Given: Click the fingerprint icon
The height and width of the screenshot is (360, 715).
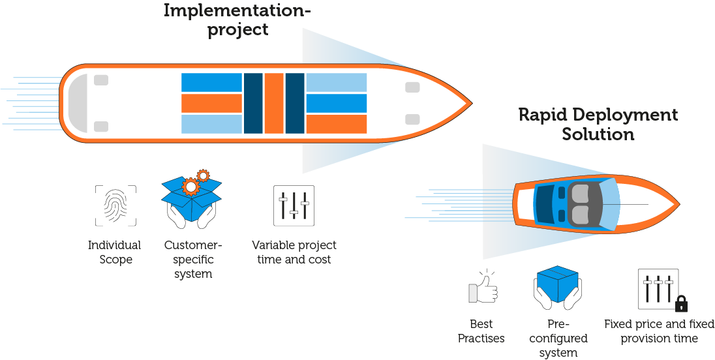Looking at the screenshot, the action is coord(116,205).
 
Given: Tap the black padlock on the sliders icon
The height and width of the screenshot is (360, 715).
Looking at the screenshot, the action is coord(681,303).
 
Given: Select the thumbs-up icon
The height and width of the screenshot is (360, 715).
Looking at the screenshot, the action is coord(483,287).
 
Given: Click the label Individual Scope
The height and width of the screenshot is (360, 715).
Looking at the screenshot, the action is coord(114,252).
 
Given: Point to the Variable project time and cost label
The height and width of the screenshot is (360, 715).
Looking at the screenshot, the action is coord(294,252).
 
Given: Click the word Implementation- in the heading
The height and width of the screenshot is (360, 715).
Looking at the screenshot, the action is coord(237,10).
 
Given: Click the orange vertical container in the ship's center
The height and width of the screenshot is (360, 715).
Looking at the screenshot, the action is coord(274,104).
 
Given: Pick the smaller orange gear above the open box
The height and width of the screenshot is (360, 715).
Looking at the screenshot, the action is coord(203,175).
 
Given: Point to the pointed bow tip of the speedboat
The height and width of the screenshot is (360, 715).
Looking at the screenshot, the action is coord(679,203).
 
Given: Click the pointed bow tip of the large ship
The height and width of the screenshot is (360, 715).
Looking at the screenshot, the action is coord(472,104).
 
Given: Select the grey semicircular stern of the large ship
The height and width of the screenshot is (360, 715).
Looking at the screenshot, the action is coord(77,104).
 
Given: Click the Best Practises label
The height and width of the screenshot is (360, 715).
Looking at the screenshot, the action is coord(481,331).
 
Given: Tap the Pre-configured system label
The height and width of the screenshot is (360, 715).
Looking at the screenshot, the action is coord(558,338).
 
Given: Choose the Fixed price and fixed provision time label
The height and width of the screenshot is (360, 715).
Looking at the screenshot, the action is coord(659,331).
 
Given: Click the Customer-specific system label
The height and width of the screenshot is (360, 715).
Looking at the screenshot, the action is coord(193,260).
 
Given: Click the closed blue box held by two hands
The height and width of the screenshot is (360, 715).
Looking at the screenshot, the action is coord(557,284).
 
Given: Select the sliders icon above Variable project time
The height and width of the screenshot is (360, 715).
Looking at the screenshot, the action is coord(294,205).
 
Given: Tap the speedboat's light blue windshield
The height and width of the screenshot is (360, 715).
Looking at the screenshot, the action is coord(611,203).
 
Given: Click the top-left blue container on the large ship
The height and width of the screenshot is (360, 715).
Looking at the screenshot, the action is coord(211,82).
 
